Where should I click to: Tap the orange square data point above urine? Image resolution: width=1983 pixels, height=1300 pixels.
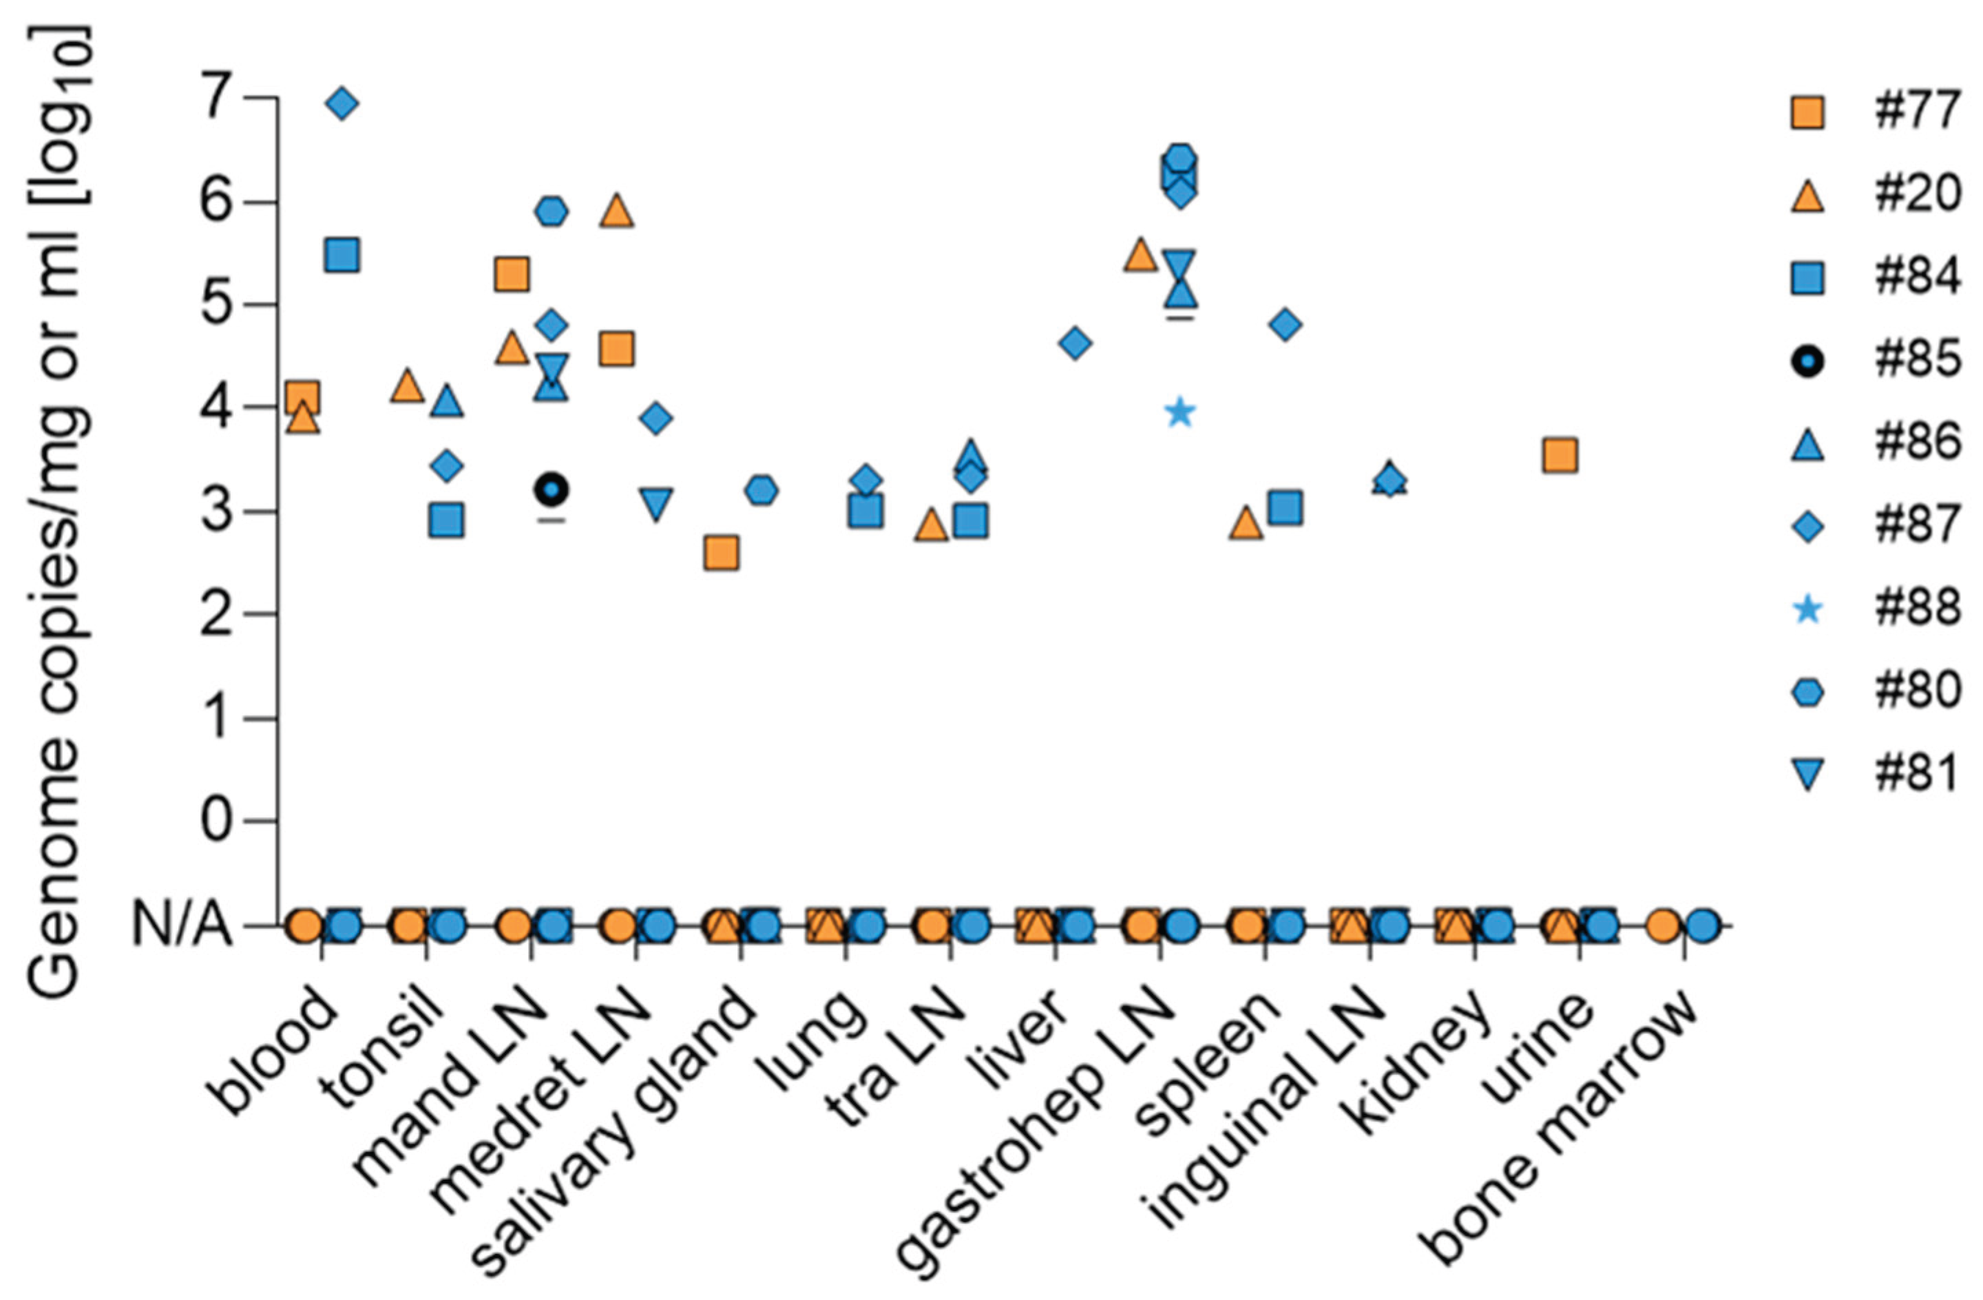[x=1560, y=456]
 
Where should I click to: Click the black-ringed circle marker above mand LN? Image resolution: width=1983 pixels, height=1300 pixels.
[x=551, y=489]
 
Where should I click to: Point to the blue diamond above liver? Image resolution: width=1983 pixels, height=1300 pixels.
[x=1075, y=342]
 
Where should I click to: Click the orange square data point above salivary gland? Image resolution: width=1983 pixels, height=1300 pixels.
[x=721, y=552]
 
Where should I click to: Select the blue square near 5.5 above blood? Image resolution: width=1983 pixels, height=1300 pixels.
[x=342, y=256]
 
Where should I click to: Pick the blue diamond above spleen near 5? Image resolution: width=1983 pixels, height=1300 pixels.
[x=1285, y=324]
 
